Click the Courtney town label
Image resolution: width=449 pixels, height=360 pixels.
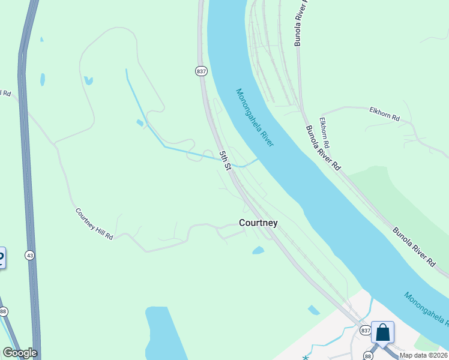tap(258, 223)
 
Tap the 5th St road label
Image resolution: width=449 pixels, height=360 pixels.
tap(225, 160)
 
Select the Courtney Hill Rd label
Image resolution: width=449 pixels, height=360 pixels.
tap(94, 224)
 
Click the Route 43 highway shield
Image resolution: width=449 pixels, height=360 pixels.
tap(29, 255)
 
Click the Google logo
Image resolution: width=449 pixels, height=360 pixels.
tap(20, 353)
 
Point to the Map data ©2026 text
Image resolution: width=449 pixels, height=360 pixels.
tap(424, 355)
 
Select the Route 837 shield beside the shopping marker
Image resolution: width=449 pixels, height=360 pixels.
tap(366, 331)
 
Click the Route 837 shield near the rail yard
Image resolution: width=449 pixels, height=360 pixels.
tap(201, 71)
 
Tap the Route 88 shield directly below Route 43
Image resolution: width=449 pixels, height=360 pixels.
tap(4, 311)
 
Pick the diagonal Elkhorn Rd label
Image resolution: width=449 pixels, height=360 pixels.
tap(324, 133)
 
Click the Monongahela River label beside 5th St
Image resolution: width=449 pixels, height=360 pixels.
tap(255, 118)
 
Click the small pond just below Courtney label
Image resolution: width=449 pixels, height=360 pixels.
tap(258, 250)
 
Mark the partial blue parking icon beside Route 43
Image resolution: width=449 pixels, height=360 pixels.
tap(1, 257)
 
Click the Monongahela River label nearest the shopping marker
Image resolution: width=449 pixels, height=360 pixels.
tap(426, 309)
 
